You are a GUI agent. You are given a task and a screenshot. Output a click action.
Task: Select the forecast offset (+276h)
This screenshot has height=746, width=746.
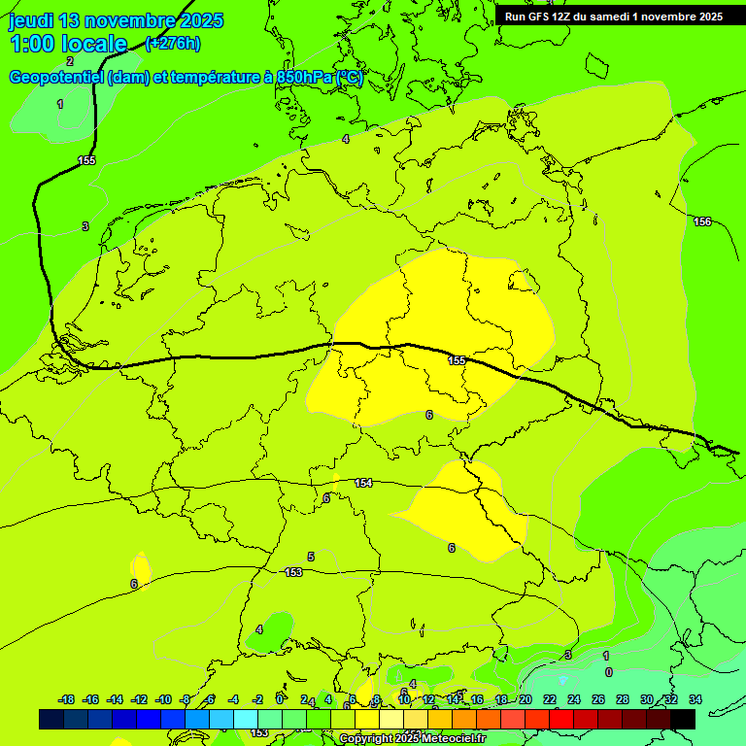pos(173,43)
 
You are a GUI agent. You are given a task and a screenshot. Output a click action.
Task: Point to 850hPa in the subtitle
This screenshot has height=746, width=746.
pos(303,78)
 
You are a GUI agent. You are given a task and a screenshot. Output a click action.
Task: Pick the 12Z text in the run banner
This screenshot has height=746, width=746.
pos(562,17)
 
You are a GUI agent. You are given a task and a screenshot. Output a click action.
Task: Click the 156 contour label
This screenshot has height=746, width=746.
pos(701,222)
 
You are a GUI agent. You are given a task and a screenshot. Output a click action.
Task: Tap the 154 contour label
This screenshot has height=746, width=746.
pos(363,483)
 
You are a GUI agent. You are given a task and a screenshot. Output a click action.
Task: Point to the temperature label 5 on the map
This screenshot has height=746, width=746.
pos(311,557)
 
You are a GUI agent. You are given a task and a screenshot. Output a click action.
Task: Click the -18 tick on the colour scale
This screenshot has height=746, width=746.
pos(66,699)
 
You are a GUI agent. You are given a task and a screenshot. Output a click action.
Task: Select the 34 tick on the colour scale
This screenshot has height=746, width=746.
pos(695,699)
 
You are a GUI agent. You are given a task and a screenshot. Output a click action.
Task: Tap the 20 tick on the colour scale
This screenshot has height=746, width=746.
pos(526,699)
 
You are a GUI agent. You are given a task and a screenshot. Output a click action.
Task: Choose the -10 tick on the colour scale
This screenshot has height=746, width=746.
pos(163,699)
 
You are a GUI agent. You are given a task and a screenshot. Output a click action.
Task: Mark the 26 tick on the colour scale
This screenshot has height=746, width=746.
pos(598,699)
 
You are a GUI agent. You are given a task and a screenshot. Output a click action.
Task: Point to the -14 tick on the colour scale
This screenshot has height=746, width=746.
pos(115,699)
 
